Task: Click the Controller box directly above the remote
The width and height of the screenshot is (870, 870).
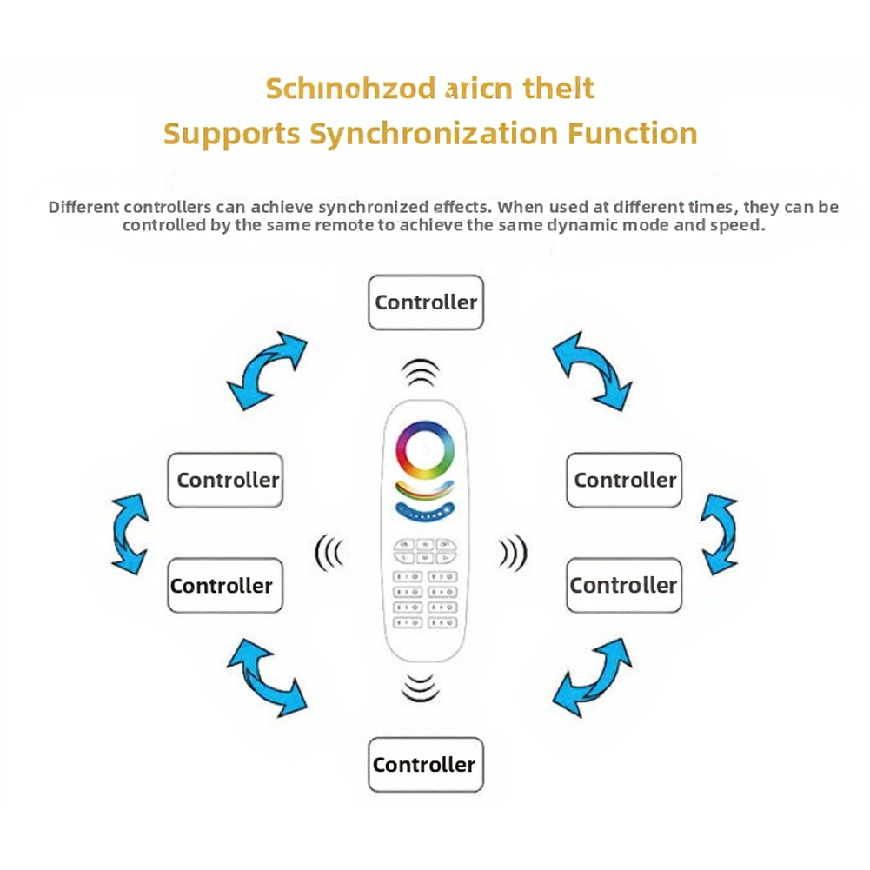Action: coord(425,302)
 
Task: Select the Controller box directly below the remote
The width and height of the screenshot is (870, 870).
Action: coord(425,765)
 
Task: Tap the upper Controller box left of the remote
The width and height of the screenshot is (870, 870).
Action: coord(225,480)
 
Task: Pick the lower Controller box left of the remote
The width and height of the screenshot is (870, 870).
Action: coord(225,586)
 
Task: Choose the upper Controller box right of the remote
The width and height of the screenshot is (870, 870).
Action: coord(624,480)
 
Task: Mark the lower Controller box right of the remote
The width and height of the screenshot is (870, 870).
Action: coord(624,586)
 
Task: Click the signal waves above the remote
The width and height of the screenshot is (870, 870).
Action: coord(421,372)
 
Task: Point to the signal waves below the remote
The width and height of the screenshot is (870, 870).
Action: coord(421,687)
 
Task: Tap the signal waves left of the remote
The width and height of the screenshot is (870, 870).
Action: coord(329,553)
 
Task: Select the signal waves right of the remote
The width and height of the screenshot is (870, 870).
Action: coord(514,553)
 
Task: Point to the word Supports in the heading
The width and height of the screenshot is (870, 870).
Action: coord(232,134)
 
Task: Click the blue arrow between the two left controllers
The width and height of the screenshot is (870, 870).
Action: coord(131,533)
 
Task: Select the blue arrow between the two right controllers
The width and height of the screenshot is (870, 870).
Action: coord(720,533)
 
